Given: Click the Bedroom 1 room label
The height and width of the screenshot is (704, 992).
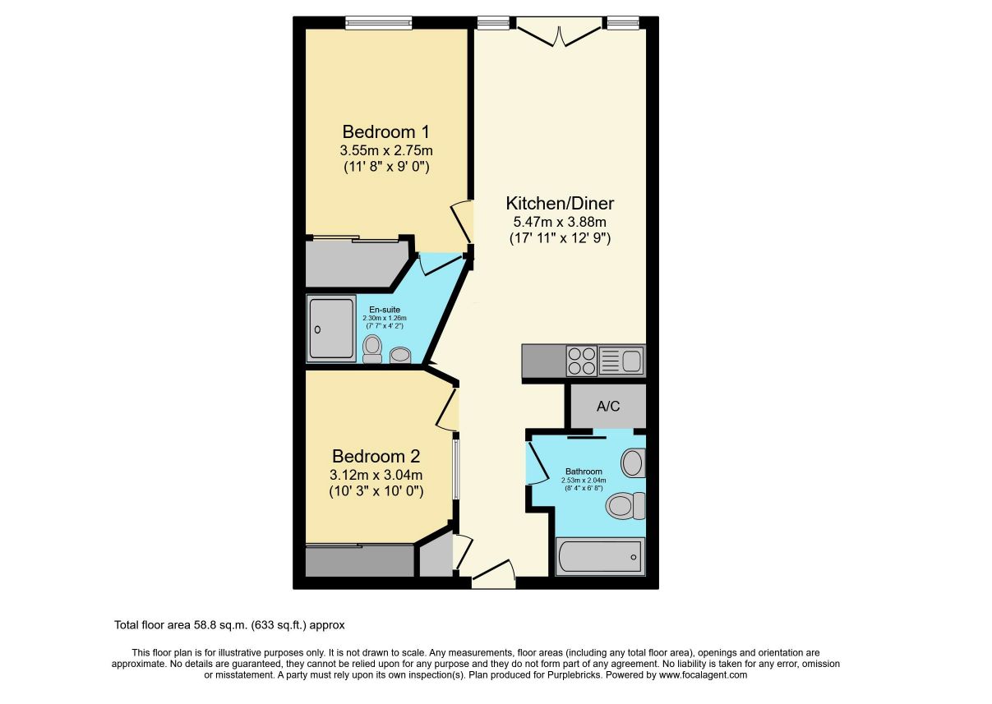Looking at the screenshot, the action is [385, 132].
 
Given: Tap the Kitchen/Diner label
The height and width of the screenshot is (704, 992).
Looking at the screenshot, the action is [560, 203].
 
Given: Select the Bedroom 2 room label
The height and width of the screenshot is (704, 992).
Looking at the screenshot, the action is [376, 456].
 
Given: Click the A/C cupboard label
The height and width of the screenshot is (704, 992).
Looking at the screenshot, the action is [608, 406].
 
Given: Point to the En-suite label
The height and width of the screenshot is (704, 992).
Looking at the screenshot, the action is [385, 310].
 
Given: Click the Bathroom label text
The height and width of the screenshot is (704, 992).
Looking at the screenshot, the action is [584, 472].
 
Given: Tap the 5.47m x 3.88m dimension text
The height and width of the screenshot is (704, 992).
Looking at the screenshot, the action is [560, 221].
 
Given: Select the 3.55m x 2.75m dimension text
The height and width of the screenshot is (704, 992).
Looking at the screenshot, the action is [386, 150].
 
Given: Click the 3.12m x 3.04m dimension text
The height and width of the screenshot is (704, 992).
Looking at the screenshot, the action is [376, 475].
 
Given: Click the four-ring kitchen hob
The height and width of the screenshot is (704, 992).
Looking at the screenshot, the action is [582, 361].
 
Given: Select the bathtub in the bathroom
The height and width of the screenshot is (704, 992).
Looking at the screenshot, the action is [600, 557].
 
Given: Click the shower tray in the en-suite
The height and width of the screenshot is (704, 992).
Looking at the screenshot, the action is [331, 329].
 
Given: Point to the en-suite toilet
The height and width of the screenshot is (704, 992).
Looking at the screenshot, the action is [372, 349].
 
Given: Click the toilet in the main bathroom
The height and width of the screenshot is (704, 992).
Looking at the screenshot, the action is [625, 506].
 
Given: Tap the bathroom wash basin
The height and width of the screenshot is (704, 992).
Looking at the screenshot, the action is [633, 463].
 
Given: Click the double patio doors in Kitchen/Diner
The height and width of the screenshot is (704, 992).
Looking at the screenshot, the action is [560, 32].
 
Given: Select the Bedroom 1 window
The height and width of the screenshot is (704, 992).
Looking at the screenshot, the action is [379, 23].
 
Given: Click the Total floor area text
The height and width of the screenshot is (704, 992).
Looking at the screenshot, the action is [229, 625].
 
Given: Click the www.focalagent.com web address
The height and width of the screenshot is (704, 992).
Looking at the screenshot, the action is [703, 674].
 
